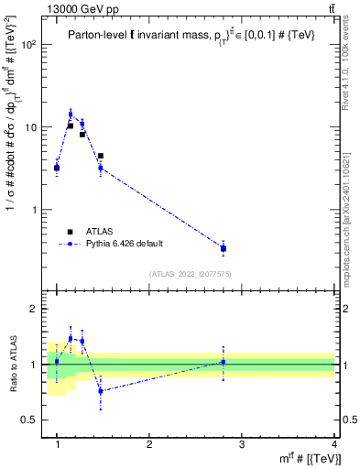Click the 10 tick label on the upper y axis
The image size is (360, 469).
point(32,127)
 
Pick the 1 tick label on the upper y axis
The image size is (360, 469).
point(35,210)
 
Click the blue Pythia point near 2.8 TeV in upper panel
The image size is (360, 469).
point(223,247)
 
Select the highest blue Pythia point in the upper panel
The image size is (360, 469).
point(71,115)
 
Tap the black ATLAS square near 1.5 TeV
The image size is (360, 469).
point(100,156)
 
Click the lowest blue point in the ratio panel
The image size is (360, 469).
point(100,391)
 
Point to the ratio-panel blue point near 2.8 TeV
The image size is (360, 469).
point(223,362)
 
